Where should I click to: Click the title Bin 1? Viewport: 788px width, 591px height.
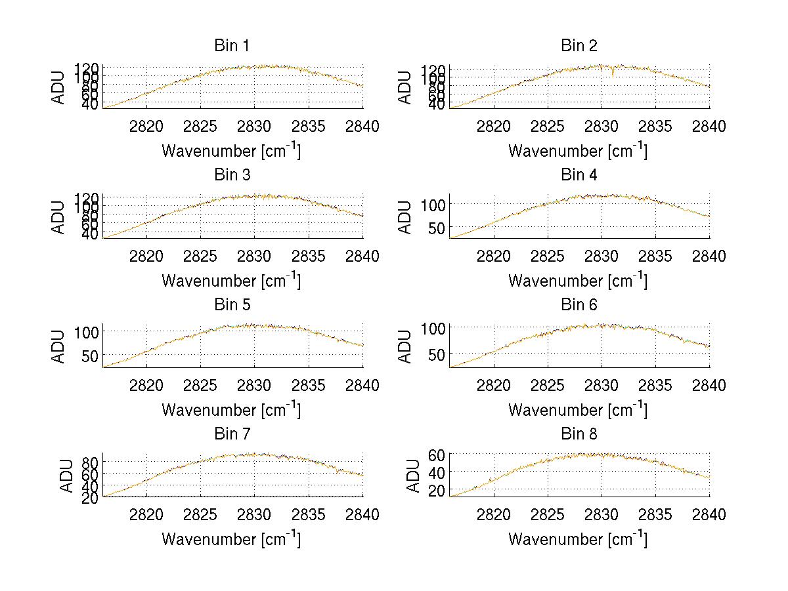[x=232, y=46]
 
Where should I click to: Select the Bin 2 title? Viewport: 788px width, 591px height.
[x=579, y=46]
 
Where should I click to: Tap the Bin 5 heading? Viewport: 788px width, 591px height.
[x=232, y=305]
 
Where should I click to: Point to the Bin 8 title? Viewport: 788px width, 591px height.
[x=579, y=434]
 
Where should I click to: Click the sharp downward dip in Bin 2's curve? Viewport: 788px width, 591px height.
[x=613, y=75]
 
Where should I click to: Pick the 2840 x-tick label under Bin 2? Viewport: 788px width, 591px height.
[x=709, y=127]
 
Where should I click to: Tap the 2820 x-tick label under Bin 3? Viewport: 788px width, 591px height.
[x=146, y=256]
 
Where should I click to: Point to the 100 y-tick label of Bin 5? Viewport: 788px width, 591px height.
[x=85, y=331]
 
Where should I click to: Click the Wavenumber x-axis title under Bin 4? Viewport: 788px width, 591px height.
[x=578, y=280]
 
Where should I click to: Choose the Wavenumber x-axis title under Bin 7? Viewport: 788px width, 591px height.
[x=231, y=539]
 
